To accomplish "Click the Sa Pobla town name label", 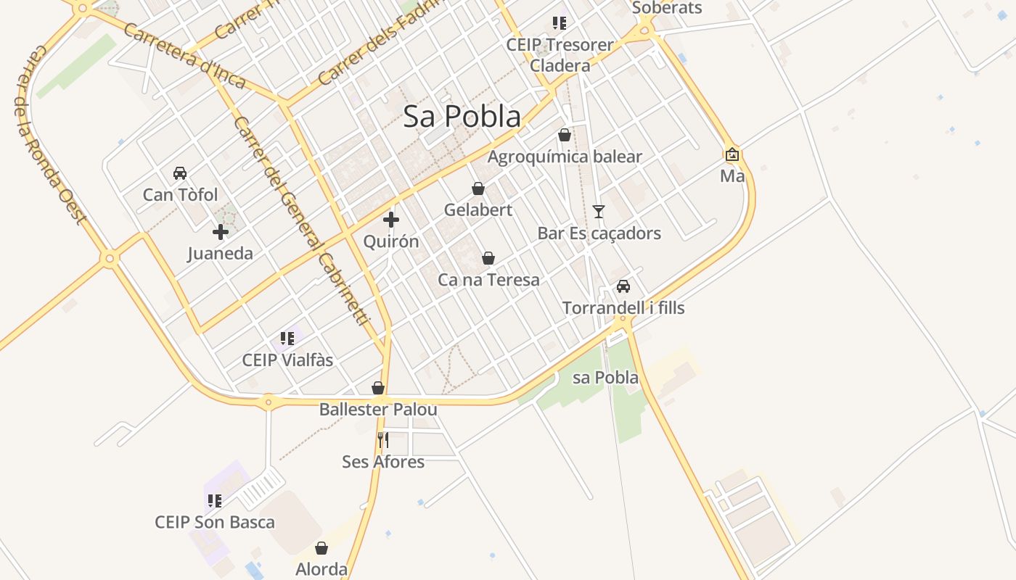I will (462, 116).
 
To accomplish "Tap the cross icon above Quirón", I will (391, 219).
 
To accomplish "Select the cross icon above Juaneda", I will (221, 232).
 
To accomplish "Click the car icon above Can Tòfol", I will (180, 173).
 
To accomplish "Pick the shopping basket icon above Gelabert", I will (478, 188).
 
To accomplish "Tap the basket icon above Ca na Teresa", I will (488, 258).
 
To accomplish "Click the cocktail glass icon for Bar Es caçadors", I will (599, 211).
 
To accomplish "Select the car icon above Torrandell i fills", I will (623, 286).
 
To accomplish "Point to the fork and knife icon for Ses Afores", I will (383, 439).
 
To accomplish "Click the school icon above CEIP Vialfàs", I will (287, 338).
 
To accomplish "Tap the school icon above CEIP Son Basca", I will (215, 500).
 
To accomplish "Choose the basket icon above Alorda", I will (321, 548).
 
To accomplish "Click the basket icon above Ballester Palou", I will (378, 388).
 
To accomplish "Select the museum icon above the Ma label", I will (732, 154).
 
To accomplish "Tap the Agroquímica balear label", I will (565, 157).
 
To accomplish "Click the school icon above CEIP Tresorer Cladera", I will (559, 23).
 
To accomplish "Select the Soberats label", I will (667, 8).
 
